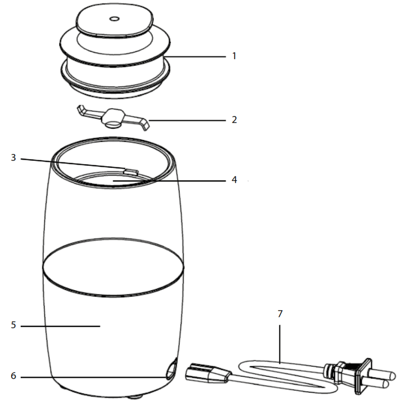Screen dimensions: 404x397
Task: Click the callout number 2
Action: (x=235, y=119)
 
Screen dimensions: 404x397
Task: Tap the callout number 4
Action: (x=235, y=180)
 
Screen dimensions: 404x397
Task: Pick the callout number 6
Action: (x=13, y=377)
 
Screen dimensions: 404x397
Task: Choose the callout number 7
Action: (x=280, y=314)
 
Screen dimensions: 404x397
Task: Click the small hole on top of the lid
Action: (x=114, y=19)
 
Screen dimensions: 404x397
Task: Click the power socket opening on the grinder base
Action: (x=170, y=369)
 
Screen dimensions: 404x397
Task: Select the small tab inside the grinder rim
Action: (x=129, y=169)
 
